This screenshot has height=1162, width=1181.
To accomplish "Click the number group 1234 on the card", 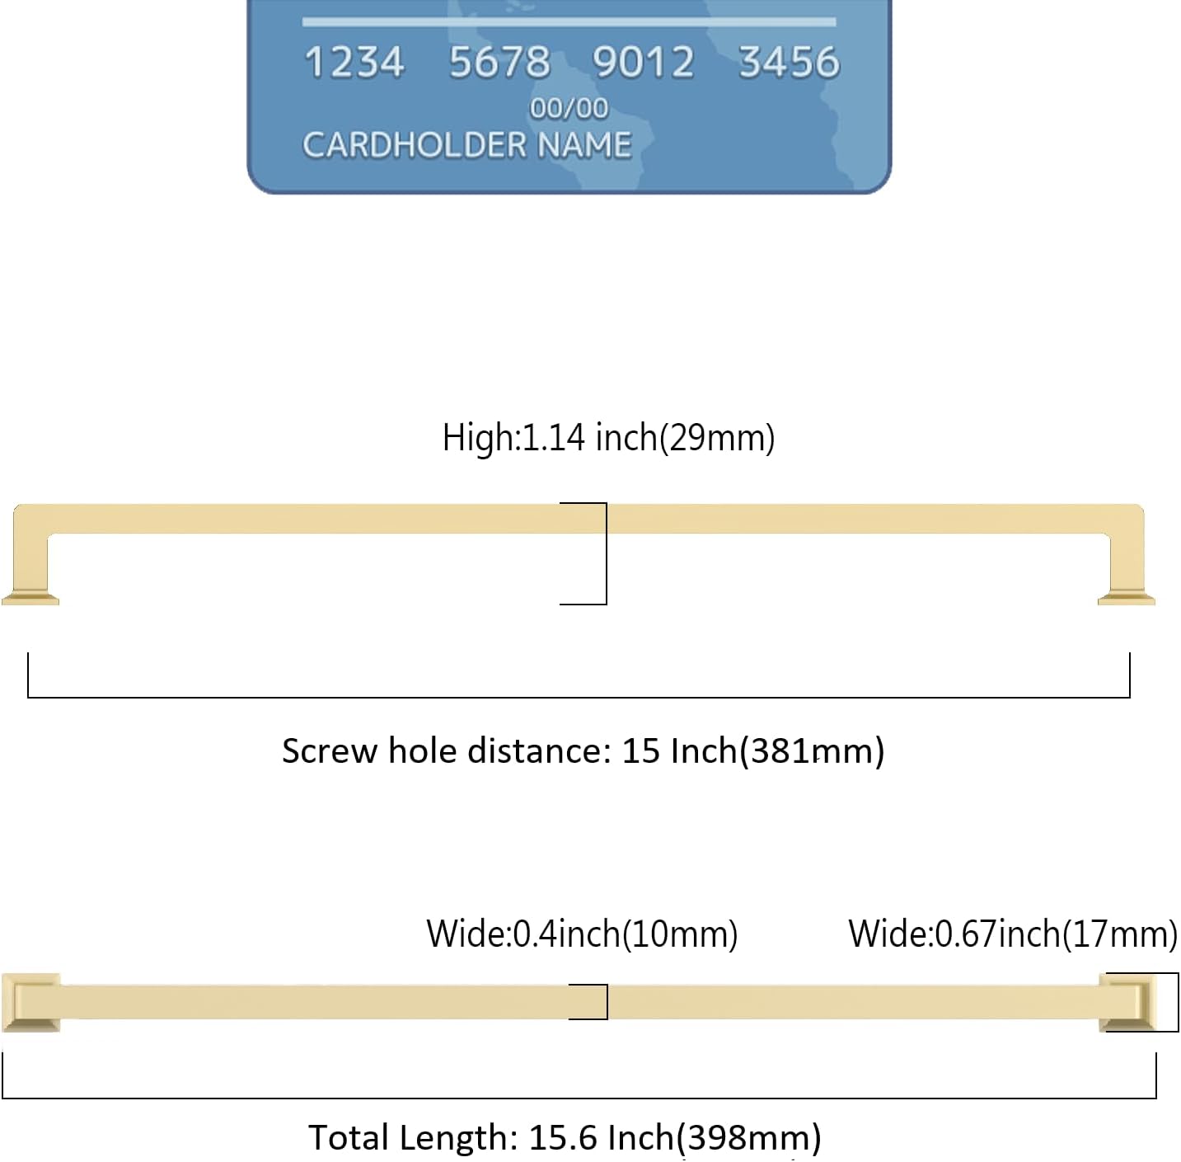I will point(354,63).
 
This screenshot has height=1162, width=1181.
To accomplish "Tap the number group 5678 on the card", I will point(499,63).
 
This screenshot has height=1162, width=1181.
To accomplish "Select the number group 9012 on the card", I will point(643,63).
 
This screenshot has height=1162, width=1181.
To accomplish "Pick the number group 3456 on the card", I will point(789,63).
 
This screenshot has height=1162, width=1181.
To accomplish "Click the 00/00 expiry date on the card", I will point(569,108).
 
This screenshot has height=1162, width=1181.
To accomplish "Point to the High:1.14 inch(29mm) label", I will point(608,438).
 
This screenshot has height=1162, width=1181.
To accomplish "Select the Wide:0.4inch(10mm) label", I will point(582,934).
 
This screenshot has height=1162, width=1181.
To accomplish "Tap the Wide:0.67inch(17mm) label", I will point(1013,934).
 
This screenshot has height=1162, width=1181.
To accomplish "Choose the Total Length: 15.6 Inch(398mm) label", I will point(565,1137).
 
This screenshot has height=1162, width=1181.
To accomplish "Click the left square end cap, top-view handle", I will point(30,1003).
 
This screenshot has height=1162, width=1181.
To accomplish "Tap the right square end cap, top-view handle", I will point(1127,1003).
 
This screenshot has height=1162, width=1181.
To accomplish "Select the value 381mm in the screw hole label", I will point(811,751).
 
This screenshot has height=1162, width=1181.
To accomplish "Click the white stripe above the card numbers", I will point(569,21).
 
